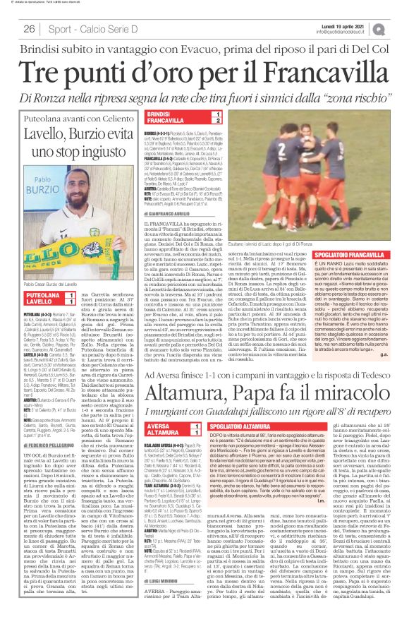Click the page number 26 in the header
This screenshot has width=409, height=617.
(x=30, y=29)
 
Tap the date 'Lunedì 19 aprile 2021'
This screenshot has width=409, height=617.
(x=366, y=25)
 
